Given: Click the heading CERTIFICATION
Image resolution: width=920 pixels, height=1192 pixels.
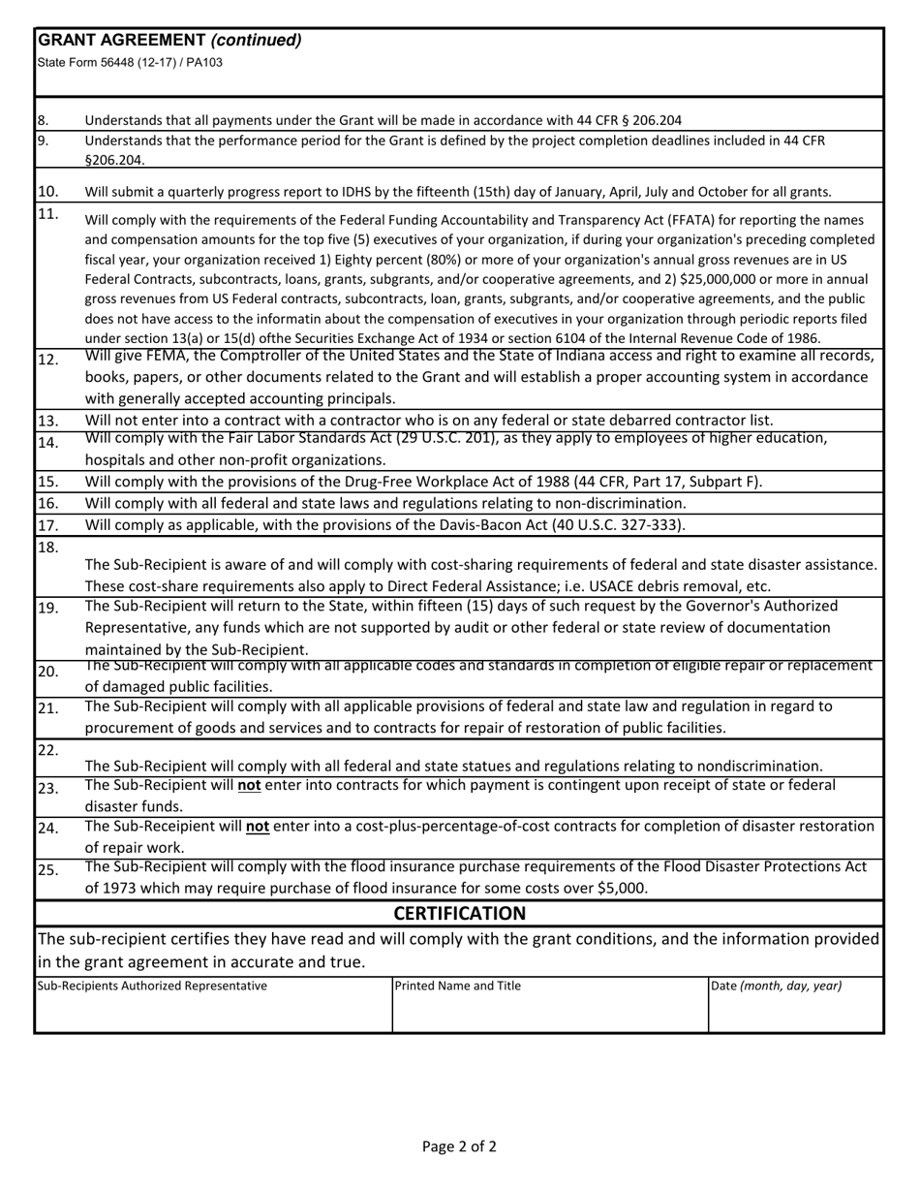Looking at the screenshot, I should [x=459, y=914].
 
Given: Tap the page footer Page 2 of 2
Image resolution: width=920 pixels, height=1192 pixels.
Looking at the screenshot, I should [x=459, y=1146].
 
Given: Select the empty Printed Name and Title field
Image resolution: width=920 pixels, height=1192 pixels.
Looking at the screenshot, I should [x=549, y=1014].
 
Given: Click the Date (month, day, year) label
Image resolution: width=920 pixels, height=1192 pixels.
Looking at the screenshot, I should [x=776, y=986].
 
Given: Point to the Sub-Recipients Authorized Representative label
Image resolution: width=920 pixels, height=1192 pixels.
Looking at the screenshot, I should [x=152, y=986].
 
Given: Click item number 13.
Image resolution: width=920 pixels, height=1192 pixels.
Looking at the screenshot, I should [x=47, y=421].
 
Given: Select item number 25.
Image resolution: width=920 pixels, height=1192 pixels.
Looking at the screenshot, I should [x=47, y=869].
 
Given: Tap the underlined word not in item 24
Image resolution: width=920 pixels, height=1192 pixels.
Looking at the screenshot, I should [x=257, y=827].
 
